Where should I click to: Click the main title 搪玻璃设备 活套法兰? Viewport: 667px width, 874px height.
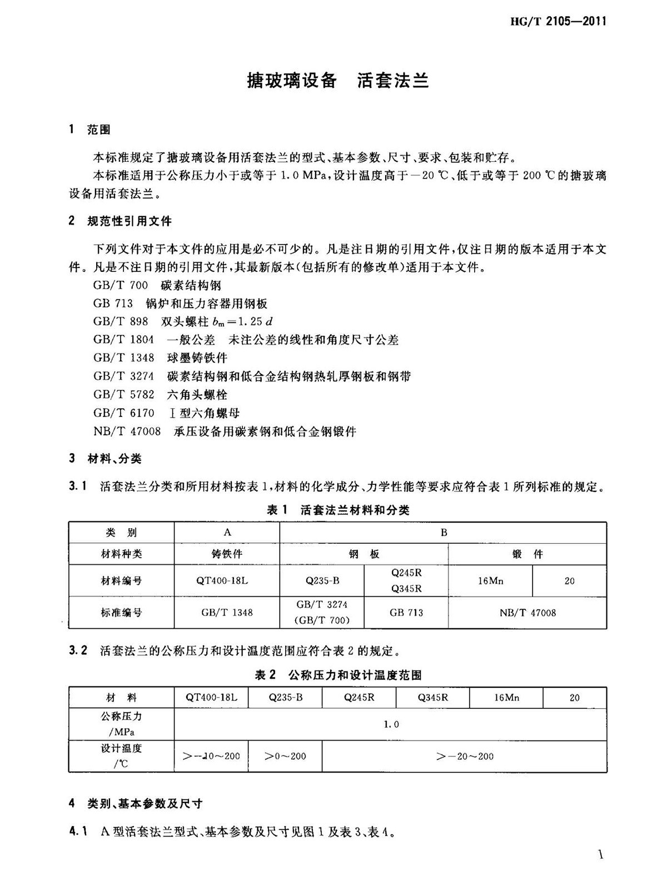(337, 81)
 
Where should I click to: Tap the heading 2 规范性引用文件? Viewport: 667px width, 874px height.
(120, 221)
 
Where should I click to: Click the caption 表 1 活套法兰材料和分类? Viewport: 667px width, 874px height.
(338, 510)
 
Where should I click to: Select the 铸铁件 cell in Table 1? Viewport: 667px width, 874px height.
(227, 554)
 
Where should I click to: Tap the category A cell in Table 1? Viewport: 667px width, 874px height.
(227, 533)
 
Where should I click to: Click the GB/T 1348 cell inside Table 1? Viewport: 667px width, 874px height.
(227, 613)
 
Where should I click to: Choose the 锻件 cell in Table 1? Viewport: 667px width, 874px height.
(527, 554)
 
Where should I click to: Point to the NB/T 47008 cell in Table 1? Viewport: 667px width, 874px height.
(527, 613)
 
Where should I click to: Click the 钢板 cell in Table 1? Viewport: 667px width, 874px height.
(364, 554)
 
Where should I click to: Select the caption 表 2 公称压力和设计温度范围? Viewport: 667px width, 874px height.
(338, 675)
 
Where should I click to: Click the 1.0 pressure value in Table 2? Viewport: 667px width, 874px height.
(391, 724)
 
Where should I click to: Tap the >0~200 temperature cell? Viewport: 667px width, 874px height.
(285, 756)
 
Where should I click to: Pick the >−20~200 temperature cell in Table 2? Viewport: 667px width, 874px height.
(465, 756)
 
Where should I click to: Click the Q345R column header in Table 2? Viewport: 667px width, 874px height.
(432, 698)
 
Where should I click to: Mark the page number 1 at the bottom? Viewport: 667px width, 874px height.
(600, 855)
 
